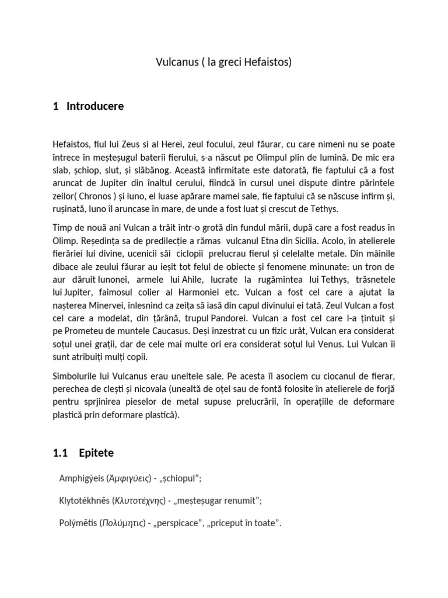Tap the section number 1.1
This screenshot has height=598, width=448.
click(x=61, y=452)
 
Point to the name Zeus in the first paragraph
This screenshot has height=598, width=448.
click(x=138, y=144)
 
